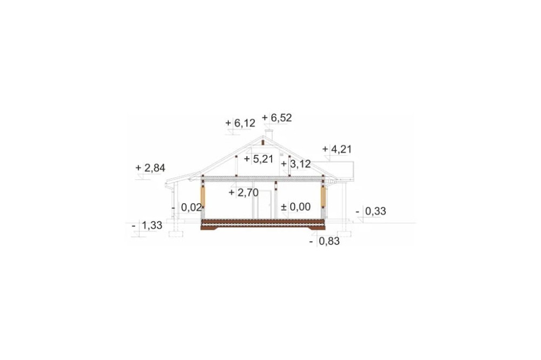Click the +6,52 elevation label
tap(276, 118)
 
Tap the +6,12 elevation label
tap(240, 123)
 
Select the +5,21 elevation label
tap(259, 159)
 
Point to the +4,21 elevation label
tap(337, 149)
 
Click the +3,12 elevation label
tap(296, 164)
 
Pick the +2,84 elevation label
tap(150, 168)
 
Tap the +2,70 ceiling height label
tap(243, 193)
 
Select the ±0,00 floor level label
tap(296, 207)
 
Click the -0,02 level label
tap(187, 208)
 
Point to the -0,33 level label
tap(371, 211)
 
